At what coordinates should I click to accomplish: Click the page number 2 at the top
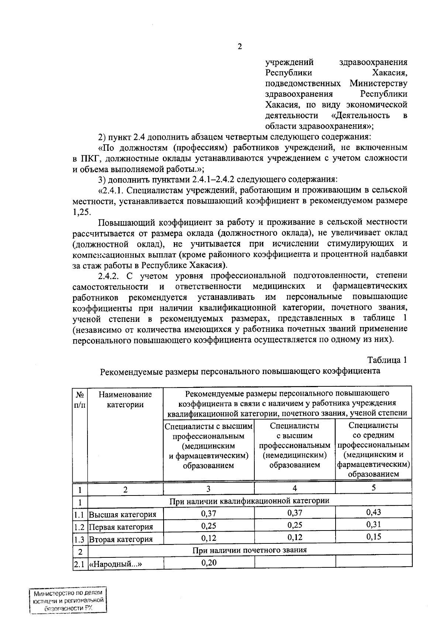pos(240,47)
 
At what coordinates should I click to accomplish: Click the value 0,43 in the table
pos(373,512)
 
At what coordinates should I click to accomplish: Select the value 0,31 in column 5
pos(373,524)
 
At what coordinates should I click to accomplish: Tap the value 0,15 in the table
pos(373,537)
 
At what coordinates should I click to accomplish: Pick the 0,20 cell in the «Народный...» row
pos(209,562)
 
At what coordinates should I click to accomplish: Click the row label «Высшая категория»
pos(123,514)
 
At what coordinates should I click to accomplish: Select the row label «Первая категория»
pos(121,527)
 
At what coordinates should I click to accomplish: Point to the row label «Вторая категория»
pos(121,539)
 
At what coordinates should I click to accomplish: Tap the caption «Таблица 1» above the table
pos(387,360)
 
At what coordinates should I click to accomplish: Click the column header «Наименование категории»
pos(125,399)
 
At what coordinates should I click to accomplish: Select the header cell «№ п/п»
pos(80,399)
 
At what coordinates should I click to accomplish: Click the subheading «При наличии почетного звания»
pos(250,550)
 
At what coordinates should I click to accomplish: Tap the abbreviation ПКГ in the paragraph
pos(88,159)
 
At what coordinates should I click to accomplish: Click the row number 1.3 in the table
pos(79,539)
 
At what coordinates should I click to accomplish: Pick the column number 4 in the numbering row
pos(295,488)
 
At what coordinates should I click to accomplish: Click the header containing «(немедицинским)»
pos(295,445)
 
